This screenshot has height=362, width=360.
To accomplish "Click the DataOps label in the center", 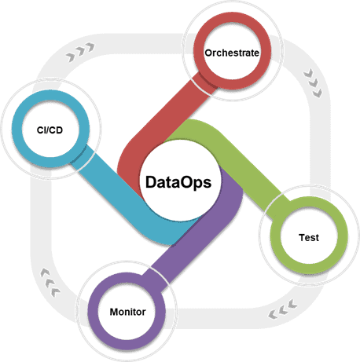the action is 178,183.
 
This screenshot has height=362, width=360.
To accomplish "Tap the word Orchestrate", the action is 232,53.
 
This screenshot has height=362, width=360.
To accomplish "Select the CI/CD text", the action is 50,130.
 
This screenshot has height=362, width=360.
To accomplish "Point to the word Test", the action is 309,238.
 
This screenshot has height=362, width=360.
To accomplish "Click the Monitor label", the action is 127,312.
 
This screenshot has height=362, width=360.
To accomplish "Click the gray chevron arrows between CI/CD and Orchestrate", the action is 80,52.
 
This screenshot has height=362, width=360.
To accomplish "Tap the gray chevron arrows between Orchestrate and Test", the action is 313,83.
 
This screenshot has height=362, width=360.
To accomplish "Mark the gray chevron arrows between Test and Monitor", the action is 282,309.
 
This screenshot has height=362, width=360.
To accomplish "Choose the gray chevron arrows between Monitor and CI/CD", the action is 50,283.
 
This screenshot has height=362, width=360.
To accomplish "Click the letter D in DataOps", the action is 152,182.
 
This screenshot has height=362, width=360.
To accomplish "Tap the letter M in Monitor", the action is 114,312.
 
